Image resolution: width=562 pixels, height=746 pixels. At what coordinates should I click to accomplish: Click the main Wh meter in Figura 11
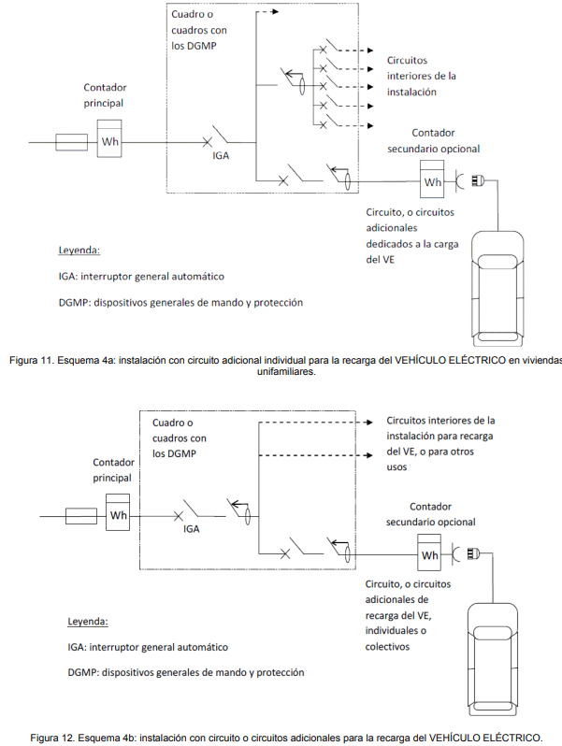click(x=109, y=138)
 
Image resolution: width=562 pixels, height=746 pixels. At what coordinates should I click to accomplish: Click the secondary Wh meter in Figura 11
click(x=432, y=179)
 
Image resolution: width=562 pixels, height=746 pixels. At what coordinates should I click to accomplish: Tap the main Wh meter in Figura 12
click(x=118, y=512)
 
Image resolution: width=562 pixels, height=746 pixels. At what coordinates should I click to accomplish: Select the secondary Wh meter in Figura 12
click(x=429, y=552)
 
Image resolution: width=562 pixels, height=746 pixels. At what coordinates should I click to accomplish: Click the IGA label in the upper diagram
click(x=221, y=155)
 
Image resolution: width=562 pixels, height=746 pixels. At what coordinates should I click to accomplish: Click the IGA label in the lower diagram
click(x=192, y=529)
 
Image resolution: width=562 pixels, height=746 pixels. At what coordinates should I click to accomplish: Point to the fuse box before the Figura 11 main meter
click(x=71, y=142)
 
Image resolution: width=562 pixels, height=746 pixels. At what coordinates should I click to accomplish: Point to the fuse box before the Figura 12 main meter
click(x=81, y=516)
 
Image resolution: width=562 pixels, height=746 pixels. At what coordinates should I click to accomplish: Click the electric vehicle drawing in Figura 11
click(x=497, y=288)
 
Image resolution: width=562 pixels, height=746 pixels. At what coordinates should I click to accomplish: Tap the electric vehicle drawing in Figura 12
click(x=493, y=659)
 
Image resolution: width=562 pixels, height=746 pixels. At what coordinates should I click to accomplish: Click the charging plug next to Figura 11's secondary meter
click(x=477, y=180)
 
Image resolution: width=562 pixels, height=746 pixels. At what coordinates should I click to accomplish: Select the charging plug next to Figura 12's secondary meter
click(x=473, y=553)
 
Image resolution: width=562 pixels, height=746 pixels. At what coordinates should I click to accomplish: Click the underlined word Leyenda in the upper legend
click(x=79, y=251)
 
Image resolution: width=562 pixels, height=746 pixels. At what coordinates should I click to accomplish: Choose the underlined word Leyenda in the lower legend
click(x=88, y=622)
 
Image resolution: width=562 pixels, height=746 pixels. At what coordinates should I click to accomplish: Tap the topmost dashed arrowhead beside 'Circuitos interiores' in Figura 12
click(x=368, y=422)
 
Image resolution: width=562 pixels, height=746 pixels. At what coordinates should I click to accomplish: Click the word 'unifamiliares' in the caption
click(x=286, y=371)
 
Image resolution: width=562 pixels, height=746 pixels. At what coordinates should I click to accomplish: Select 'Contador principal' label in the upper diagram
click(x=105, y=95)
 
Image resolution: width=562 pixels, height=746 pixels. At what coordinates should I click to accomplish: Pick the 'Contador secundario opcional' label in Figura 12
click(x=431, y=514)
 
